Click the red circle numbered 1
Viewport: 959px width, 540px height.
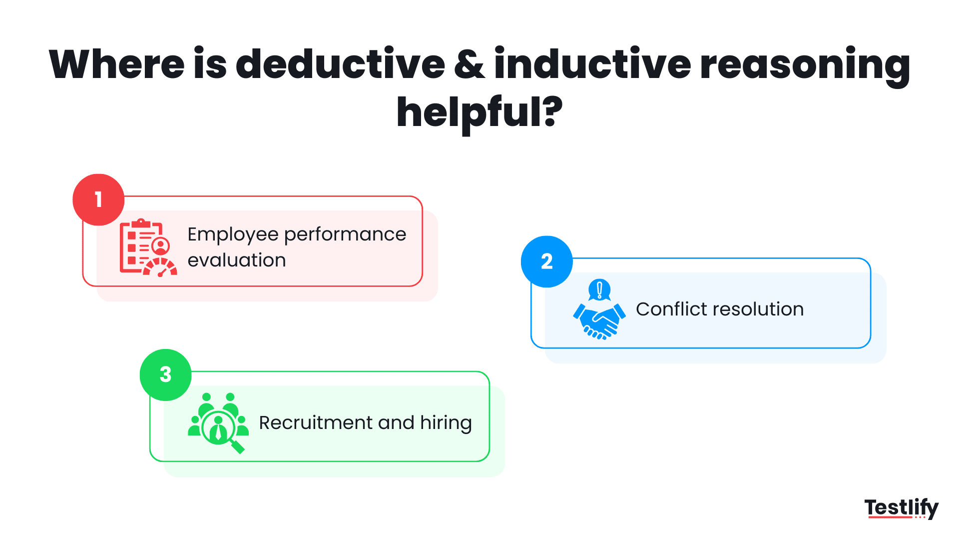98,199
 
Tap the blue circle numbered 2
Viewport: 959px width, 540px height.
546,261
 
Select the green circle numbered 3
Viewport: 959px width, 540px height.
165,374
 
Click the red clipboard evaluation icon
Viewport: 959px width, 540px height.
148,247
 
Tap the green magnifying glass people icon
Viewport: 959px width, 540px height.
218,423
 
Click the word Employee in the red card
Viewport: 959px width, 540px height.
233,235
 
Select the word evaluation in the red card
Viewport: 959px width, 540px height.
236,260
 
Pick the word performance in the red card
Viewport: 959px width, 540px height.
345,235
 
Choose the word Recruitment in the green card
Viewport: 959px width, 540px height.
316,423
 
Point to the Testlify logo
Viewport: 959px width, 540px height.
901,507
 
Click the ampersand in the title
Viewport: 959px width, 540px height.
470,65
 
